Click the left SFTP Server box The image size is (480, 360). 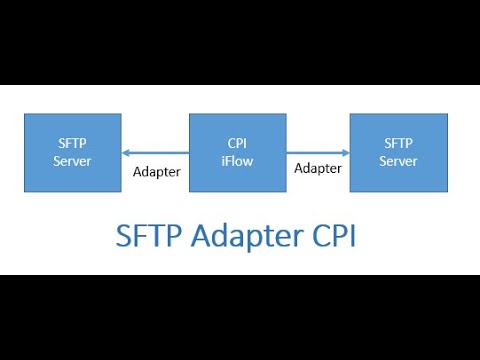point(73,152)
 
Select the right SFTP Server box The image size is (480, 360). point(398,152)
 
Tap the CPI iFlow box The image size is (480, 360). point(237,152)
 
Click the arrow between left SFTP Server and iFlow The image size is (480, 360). point(155,153)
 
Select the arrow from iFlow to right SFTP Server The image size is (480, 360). point(318,153)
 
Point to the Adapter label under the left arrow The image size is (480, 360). point(157,171)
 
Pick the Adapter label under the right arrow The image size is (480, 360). point(318,168)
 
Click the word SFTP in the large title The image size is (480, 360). point(147,238)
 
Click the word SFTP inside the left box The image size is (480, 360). point(73,144)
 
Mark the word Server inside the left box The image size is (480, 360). point(73,161)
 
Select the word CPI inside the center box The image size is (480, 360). point(237,144)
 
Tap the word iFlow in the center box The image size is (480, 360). point(237,161)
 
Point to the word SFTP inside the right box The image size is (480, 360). point(398,144)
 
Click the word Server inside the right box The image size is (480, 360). point(398,161)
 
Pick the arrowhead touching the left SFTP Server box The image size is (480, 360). point(126,153)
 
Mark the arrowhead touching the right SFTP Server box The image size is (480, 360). point(345,153)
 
